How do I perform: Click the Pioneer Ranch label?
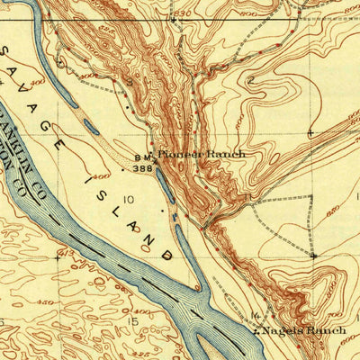coord(202,154)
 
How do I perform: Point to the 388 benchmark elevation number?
coord(143,167)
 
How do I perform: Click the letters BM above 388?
coord(142,157)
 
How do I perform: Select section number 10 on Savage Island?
coord(130,199)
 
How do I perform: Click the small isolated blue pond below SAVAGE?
coord(91,129)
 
